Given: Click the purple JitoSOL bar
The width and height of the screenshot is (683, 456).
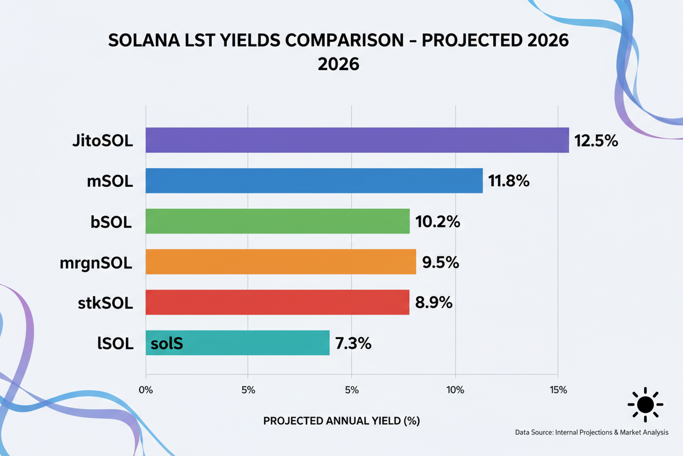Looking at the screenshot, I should [357, 140].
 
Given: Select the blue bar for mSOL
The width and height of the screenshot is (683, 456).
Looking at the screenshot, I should [314, 181].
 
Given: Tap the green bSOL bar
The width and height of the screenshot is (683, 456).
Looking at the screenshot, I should [277, 221].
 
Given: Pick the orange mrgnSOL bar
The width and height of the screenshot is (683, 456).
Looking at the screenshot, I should [281, 262].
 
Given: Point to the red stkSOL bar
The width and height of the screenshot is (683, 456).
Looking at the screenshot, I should [277, 303].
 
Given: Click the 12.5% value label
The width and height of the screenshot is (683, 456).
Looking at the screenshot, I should [596, 141].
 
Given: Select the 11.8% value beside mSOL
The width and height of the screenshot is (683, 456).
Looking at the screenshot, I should [509, 181].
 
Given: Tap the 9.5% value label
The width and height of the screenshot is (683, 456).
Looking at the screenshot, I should [441, 263].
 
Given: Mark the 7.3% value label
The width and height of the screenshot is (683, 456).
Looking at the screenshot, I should [354, 344].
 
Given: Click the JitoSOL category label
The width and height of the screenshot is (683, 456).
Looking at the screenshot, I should [102, 141].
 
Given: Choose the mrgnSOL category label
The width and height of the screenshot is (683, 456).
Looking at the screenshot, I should [96, 263].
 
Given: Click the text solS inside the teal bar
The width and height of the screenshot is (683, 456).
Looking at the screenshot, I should [166, 344].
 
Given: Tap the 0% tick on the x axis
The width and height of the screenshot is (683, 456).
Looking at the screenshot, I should [146, 390].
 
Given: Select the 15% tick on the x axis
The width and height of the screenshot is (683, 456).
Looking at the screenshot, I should [558, 390].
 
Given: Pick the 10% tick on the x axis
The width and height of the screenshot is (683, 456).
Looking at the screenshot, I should [455, 390].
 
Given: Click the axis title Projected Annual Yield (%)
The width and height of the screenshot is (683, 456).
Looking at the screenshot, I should [342, 421].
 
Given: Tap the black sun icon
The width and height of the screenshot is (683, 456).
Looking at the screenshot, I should [645, 405].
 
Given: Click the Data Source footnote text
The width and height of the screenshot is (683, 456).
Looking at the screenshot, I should [592, 432].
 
